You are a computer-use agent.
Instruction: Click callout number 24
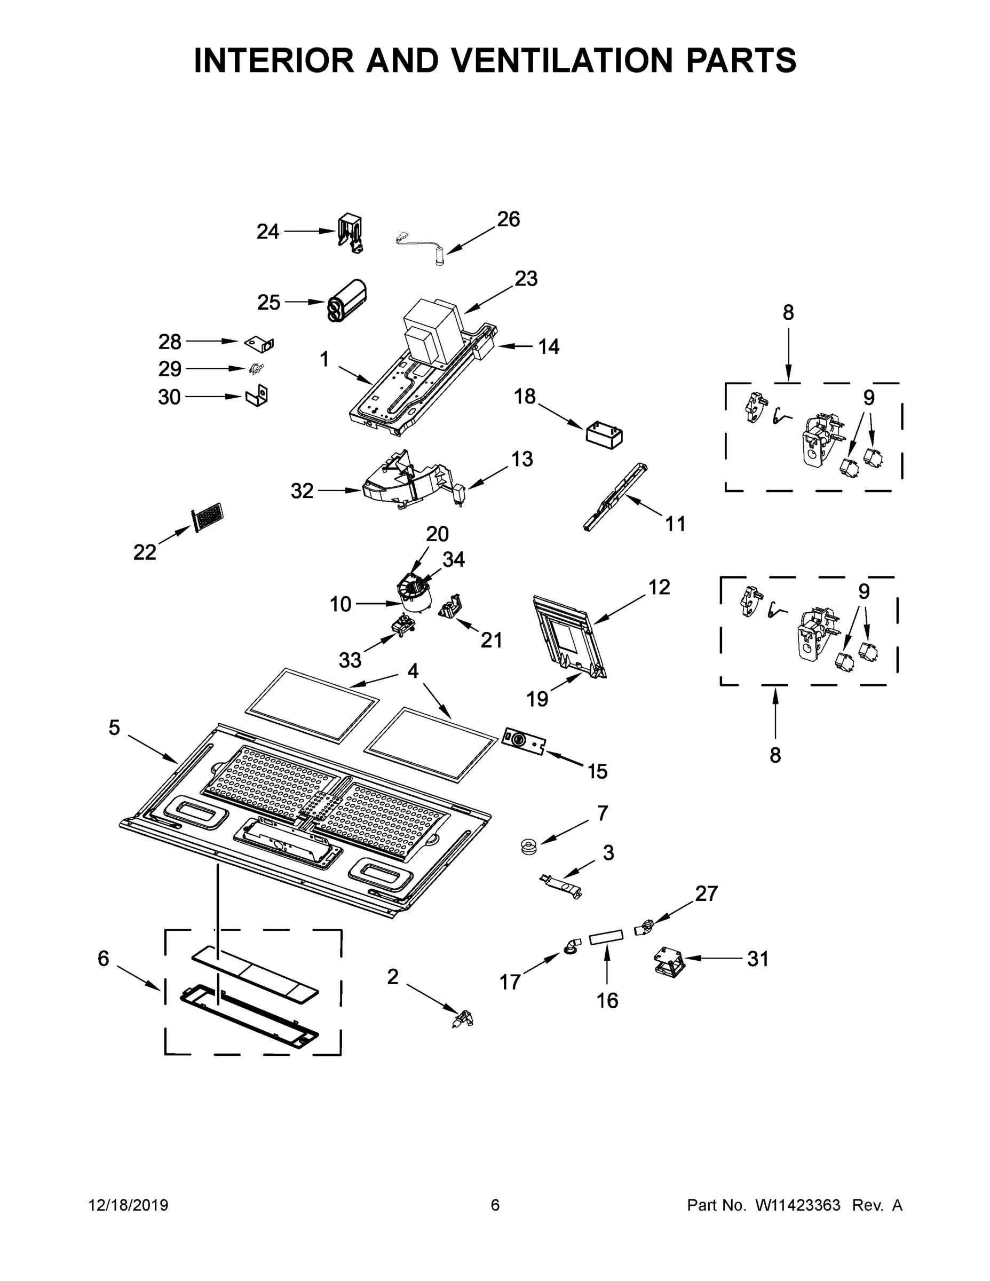coord(267,232)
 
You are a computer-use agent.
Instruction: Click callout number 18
coord(525,397)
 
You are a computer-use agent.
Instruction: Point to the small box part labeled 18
coord(604,435)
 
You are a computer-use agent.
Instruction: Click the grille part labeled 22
coord(208,517)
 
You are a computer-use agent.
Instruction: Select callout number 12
coord(659,587)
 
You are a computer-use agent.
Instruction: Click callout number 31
coord(757,959)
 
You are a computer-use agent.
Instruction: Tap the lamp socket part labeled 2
coord(464,1018)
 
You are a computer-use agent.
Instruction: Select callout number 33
coord(350,660)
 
